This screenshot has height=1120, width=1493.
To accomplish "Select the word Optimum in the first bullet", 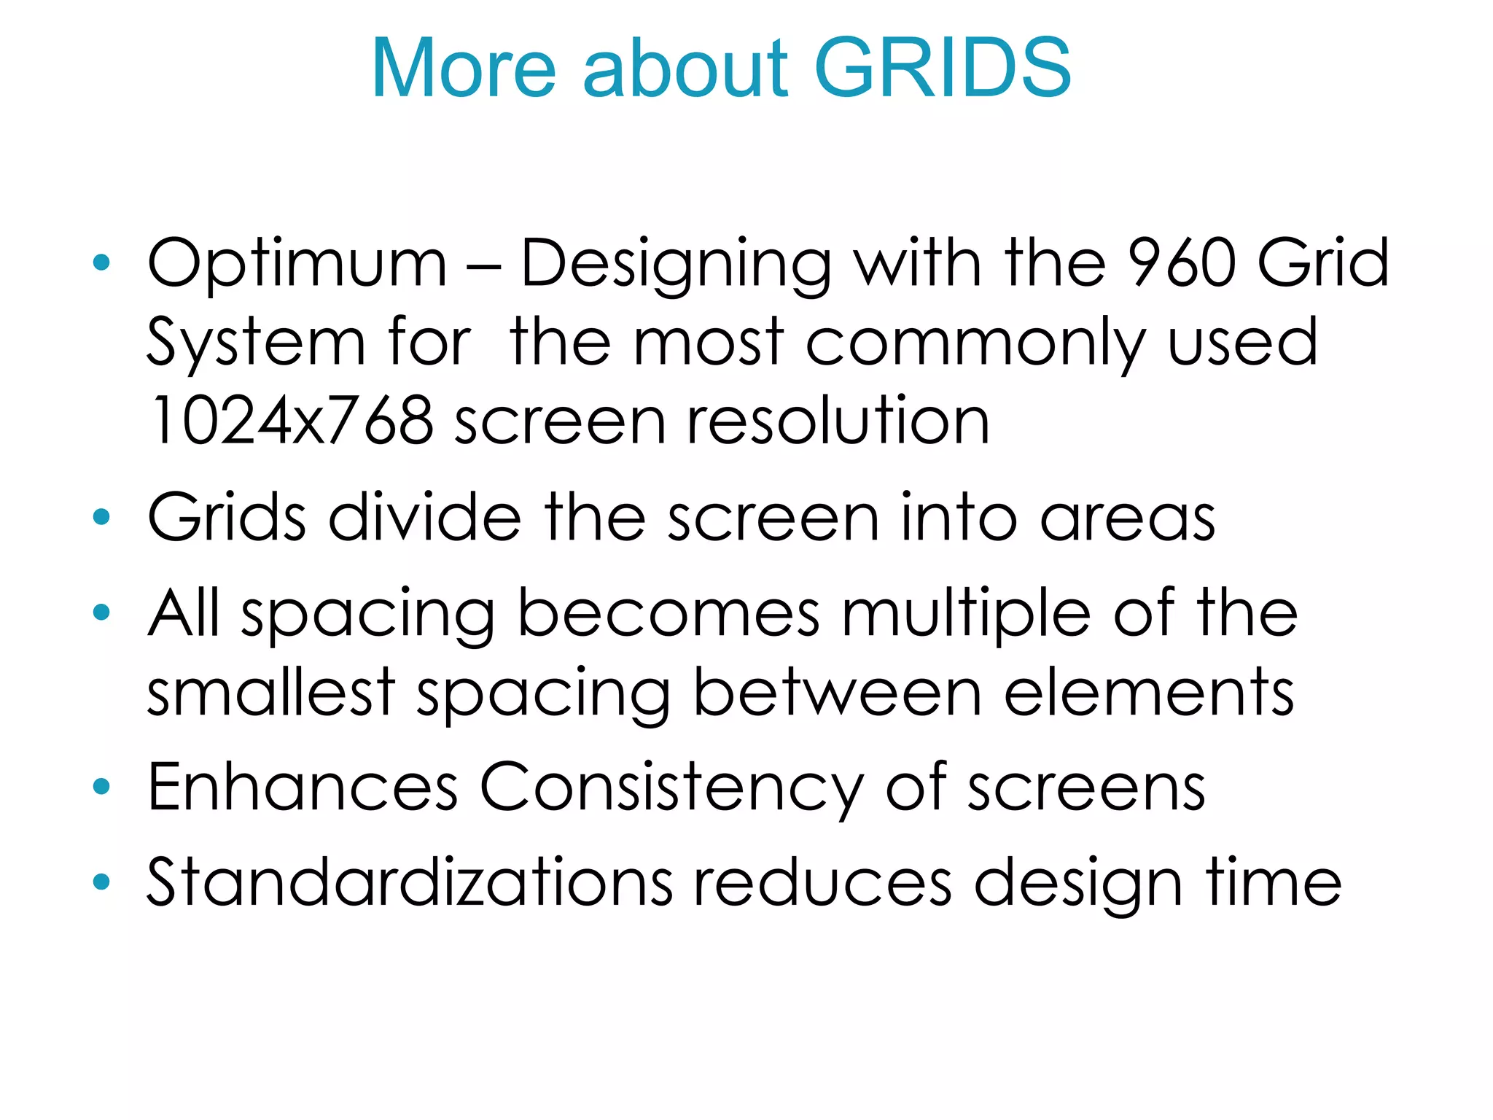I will pyautogui.click(x=297, y=264).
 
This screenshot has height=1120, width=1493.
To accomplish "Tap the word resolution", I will pyautogui.click(x=838, y=421).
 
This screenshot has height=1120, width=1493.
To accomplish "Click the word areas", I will pyautogui.click(x=1127, y=518).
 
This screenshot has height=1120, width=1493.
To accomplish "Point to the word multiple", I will pyautogui.click(x=966, y=614).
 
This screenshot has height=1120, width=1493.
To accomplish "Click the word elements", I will pyautogui.click(x=1149, y=693).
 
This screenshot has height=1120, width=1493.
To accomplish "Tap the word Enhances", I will pyautogui.click(x=303, y=787).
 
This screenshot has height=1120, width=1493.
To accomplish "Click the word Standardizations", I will pyautogui.click(x=410, y=882).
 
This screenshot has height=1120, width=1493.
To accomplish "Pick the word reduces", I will pyautogui.click(x=822, y=883).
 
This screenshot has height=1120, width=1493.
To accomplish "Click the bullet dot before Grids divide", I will pyautogui.click(x=101, y=517).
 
